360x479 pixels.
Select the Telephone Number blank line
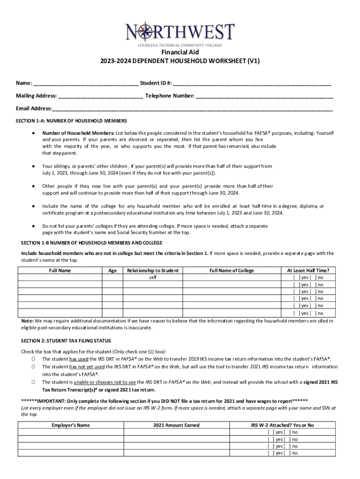pos(264,96)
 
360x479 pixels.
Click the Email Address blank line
pos(192,109)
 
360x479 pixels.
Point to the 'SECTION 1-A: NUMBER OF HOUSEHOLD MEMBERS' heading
pos(72,121)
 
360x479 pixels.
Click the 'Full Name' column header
pos(60,270)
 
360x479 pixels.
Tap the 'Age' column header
pos(112,270)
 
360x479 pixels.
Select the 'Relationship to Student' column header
pos(153,270)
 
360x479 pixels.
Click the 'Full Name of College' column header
pos(232,270)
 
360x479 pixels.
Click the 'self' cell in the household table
pos(153,277)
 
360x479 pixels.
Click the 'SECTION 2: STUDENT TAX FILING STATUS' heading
pos(66,341)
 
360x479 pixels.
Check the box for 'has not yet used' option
pos(34,367)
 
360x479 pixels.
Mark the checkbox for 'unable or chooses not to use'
pos(34,382)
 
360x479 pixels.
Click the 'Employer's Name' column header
pos(71,425)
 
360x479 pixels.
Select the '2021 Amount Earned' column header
pos(176,425)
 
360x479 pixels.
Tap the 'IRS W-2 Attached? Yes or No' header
pos(282,425)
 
